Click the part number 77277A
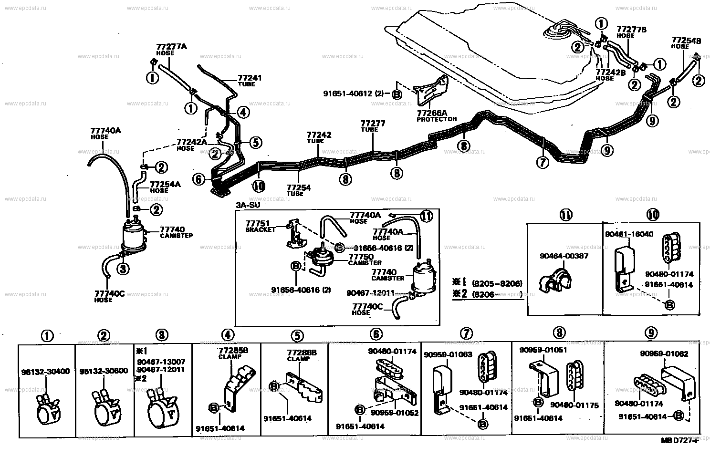click(x=171, y=47)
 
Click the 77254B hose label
click(x=686, y=41)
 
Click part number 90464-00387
click(x=564, y=256)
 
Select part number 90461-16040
click(x=629, y=234)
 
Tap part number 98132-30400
click(x=45, y=372)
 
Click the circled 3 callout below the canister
click(x=123, y=270)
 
